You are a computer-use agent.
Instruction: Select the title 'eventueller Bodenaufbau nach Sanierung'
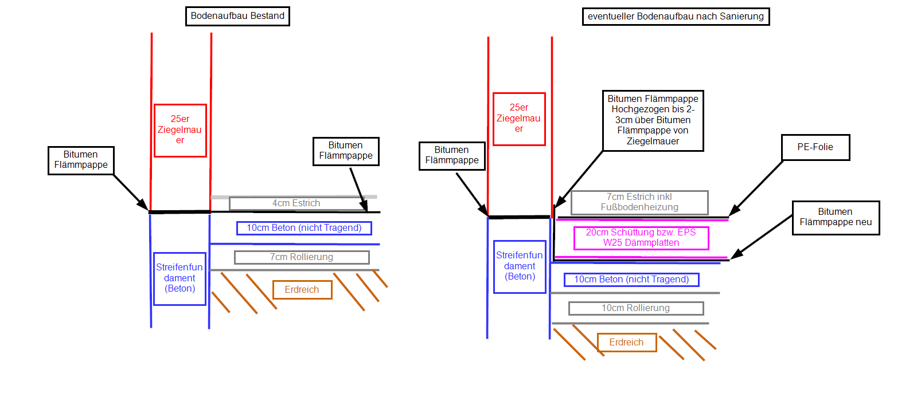676,17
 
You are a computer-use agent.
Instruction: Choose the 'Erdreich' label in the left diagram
302,290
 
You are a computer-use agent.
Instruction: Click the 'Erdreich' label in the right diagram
627,343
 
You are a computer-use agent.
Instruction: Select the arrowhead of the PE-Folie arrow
734,211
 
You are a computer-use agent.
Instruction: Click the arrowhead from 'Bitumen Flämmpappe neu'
736,254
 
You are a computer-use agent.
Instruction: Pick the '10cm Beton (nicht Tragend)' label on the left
305,228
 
